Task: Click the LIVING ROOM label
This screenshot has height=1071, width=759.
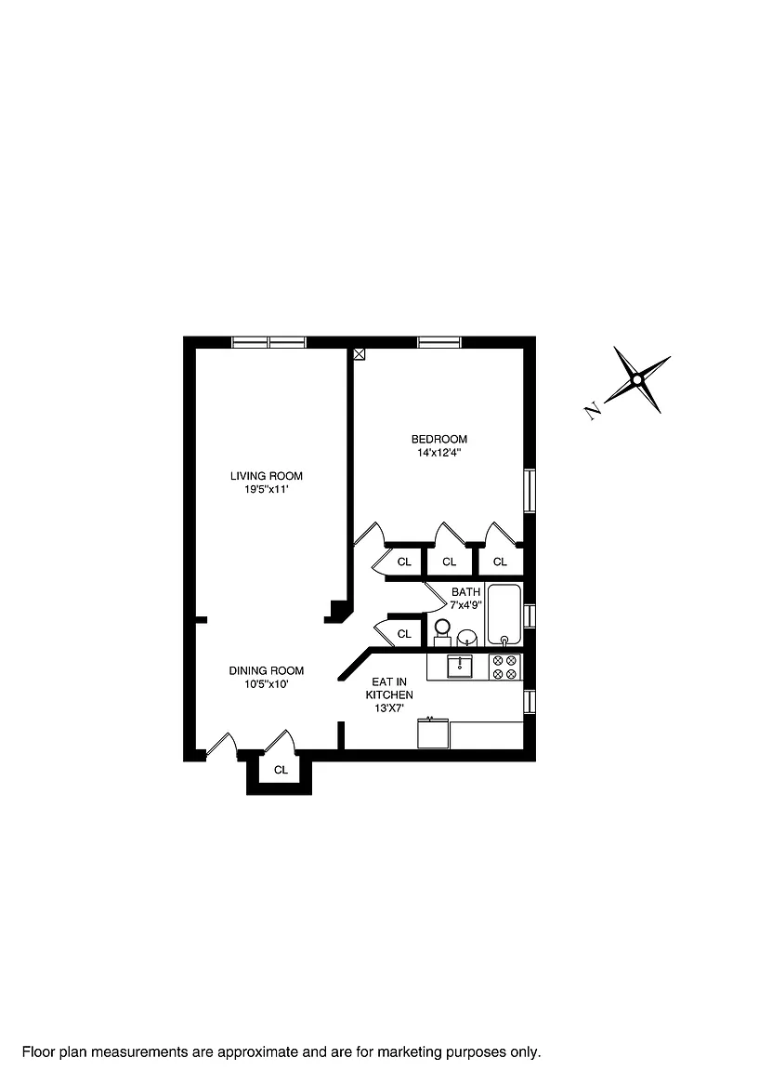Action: click(267, 476)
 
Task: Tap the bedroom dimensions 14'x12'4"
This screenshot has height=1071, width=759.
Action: click(439, 454)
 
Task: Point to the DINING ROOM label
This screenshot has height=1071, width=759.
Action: click(267, 670)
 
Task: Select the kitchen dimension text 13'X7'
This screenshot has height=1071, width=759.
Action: click(389, 708)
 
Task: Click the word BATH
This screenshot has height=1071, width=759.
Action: click(466, 592)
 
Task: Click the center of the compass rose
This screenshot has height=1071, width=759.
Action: click(637, 380)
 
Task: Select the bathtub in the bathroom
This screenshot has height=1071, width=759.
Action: click(504, 614)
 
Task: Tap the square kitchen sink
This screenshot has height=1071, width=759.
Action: click(461, 667)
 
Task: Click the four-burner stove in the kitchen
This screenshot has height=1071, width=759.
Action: click(504, 667)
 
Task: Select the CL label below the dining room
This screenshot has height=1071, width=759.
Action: click(281, 770)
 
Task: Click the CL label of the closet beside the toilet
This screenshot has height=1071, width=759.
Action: click(404, 634)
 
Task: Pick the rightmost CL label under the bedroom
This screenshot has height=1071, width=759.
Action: click(500, 562)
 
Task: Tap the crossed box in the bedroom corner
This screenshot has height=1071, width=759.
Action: click(360, 353)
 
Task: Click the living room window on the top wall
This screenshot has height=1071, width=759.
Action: click(268, 342)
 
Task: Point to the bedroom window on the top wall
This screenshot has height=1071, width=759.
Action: click(439, 342)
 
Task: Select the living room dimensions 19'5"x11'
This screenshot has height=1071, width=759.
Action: click(267, 490)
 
